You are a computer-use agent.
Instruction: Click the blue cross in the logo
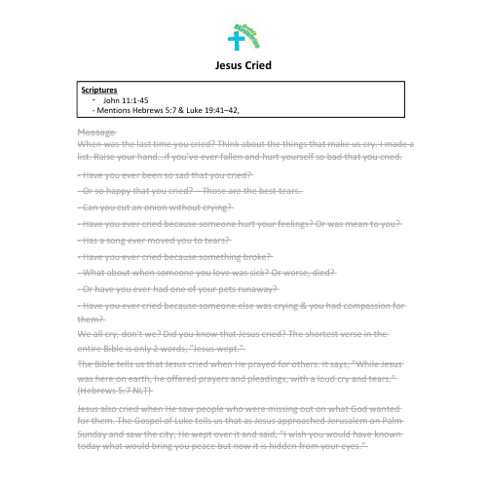[x=235, y=42]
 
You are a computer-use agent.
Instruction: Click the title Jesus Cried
[x=243, y=66]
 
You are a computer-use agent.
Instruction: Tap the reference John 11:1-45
[x=125, y=100]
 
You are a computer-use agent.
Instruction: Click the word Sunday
[x=94, y=432]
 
